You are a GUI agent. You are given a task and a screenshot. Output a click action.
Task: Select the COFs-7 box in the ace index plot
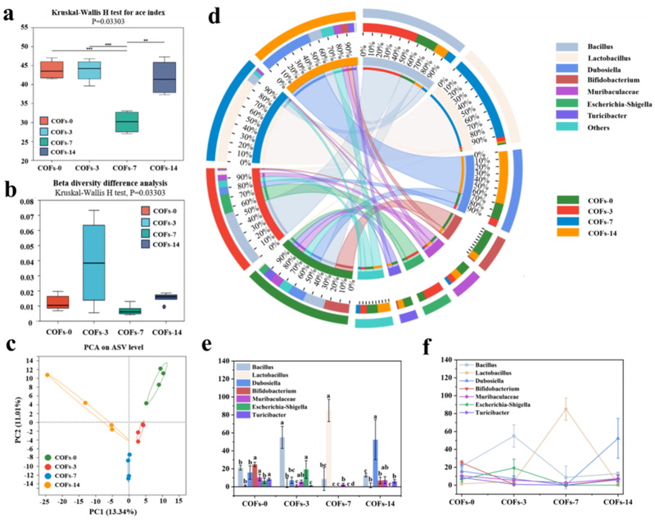click(126, 121)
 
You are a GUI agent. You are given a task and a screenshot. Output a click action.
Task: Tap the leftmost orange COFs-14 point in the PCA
click(47, 375)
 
